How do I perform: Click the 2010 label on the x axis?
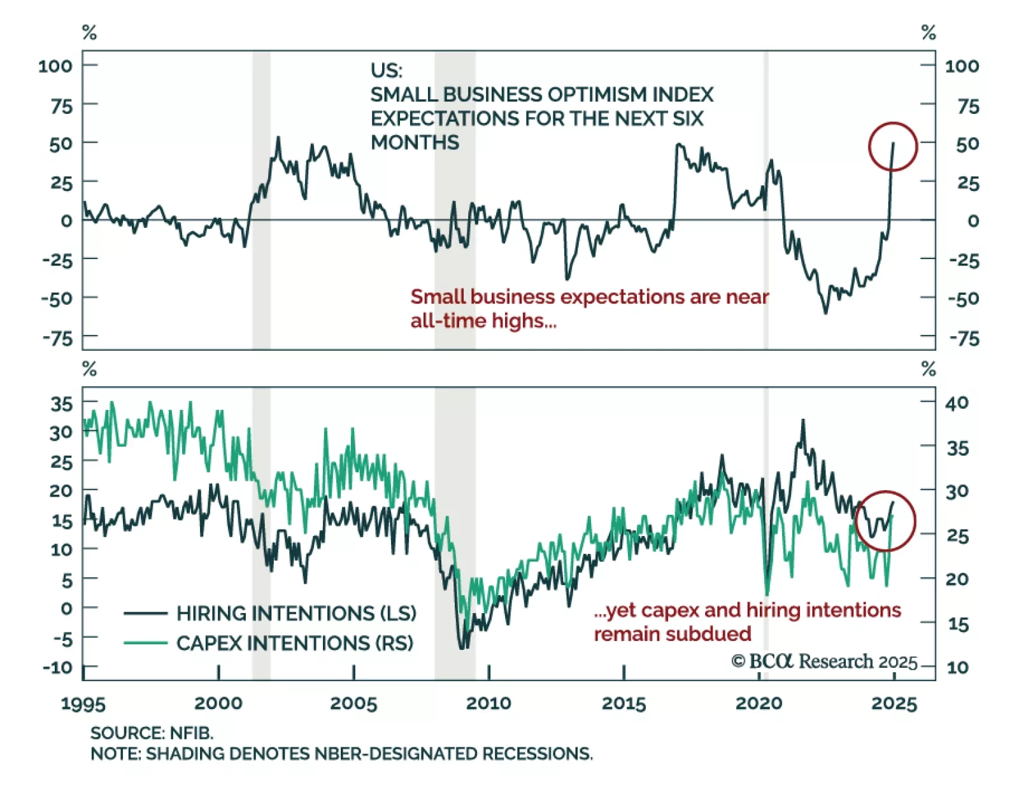488,703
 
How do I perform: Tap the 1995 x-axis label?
83,703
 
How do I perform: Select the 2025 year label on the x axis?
894,703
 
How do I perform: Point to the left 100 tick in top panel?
55,66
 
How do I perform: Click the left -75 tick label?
57,338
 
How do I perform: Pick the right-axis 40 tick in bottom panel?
957,403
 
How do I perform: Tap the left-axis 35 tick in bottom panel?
61,404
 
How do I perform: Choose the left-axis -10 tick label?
57,667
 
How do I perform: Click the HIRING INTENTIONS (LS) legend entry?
296,613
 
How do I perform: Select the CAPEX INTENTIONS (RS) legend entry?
295,643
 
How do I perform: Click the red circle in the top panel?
892,146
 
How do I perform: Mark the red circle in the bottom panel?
885,521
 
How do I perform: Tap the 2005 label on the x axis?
353,703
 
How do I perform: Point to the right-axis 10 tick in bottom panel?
957,667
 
